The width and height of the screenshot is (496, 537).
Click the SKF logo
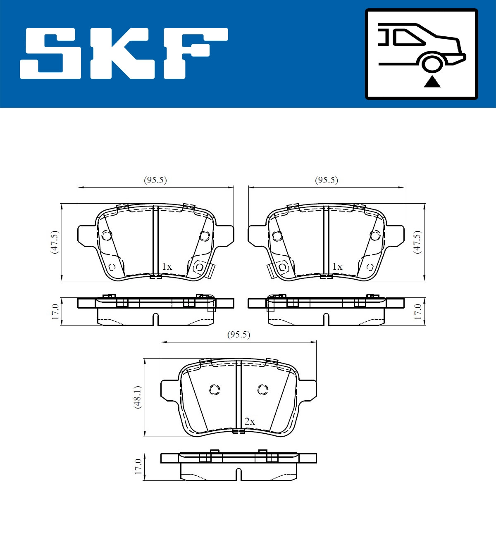pyautogui.click(x=124, y=53)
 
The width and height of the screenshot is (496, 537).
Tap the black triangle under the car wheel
pyautogui.click(x=432, y=82)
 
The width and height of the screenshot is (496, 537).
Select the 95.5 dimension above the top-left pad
pyautogui.click(x=155, y=181)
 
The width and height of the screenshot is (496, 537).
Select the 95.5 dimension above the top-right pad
pyautogui.click(x=326, y=181)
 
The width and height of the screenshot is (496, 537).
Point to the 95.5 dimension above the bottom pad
pyautogui.click(x=238, y=335)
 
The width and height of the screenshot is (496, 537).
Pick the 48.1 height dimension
pyautogui.click(x=138, y=397)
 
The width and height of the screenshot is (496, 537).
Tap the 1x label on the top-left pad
pyautogui.click(x=167, y=267)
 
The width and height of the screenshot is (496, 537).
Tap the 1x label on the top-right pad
pyautogui.click(x=337, y=267)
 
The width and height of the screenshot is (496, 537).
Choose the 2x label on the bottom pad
pyautogui.click(x=250, y=422)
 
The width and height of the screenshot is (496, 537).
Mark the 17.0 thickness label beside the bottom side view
pyautogui.click(x=138, y=466)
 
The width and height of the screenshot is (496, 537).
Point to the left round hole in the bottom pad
pyautogui.click(x=215, y=390)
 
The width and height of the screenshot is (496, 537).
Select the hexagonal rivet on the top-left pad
pyautogui.click(x=199, y=267)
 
